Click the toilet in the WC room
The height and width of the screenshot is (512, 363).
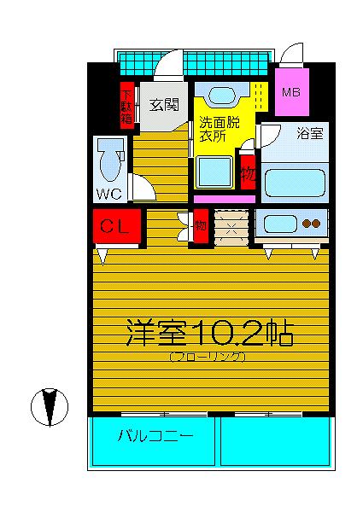pos(110,160)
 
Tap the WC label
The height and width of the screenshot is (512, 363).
pos(109,195)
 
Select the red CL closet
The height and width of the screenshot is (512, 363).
pos(117,226)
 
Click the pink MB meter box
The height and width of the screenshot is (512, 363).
pos(292,92)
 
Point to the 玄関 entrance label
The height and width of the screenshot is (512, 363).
pos(164,105)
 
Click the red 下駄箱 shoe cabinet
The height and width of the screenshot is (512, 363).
pos(127,105)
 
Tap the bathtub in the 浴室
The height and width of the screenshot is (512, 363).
pos(295,183)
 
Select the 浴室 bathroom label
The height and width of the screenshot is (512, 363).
pos(310,133)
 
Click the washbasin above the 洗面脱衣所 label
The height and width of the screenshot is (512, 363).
pos(221,95)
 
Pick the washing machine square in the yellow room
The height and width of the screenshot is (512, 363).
pos(214,172)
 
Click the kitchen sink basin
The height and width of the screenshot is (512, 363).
pos(280,224)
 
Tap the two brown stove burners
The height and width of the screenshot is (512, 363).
pos(311,224)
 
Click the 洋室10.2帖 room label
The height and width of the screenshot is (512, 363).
pos(209,333)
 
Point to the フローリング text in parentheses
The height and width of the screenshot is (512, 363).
pos(208,357)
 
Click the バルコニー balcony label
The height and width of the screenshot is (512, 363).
pos(155,436)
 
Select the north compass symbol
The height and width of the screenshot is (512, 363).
pos(50,407)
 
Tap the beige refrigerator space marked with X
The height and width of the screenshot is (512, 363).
pos(231,228)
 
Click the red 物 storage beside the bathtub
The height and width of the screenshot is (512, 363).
pos(248,172)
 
